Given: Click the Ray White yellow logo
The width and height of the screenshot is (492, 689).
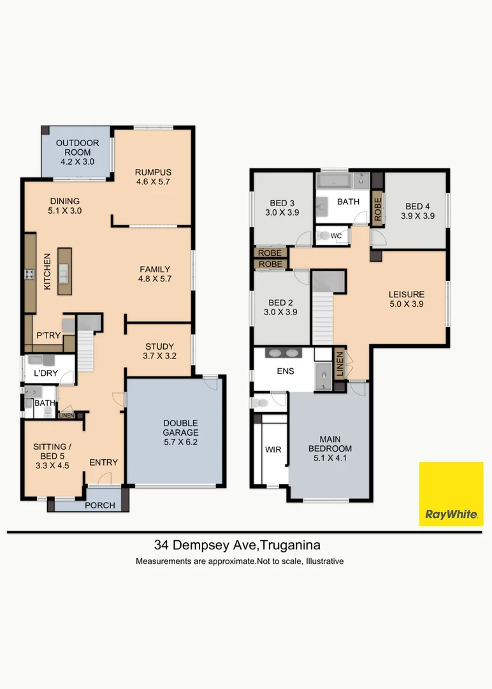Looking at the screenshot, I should [451, 493].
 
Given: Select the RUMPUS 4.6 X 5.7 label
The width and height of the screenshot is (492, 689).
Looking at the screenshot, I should [153, 177].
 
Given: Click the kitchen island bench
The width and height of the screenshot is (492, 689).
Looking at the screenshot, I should [64, 271].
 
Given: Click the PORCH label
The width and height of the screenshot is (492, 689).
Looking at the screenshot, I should [100, 505].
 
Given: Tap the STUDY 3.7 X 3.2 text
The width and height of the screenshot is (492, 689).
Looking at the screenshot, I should [159, 352].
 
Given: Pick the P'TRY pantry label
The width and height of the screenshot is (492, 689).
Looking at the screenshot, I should [48, 336].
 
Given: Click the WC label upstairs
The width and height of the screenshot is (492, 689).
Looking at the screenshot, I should [336, 236].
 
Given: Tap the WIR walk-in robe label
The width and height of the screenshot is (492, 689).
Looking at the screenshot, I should [273, 450].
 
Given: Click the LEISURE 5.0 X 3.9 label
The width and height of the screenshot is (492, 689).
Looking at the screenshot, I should [407, 299].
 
